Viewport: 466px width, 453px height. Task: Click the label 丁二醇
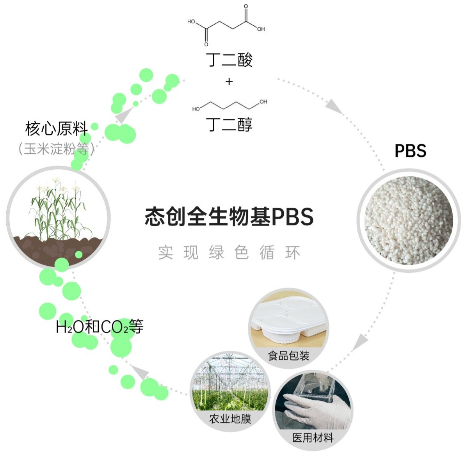[229, 124]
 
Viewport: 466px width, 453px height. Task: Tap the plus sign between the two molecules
[229, 82]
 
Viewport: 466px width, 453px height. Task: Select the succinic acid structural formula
[226, 25]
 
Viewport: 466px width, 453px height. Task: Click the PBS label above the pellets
[410, 151]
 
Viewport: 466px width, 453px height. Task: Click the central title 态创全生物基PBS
[229, 217]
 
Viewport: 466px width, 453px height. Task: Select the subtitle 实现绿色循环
[229, 252]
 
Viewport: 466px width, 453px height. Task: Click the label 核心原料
[56, 128]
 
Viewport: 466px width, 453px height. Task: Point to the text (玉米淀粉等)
[56, 149]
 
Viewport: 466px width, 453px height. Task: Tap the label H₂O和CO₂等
[100, 327]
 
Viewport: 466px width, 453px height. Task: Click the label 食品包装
[288, 355]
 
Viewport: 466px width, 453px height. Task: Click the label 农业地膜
[230, 419]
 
